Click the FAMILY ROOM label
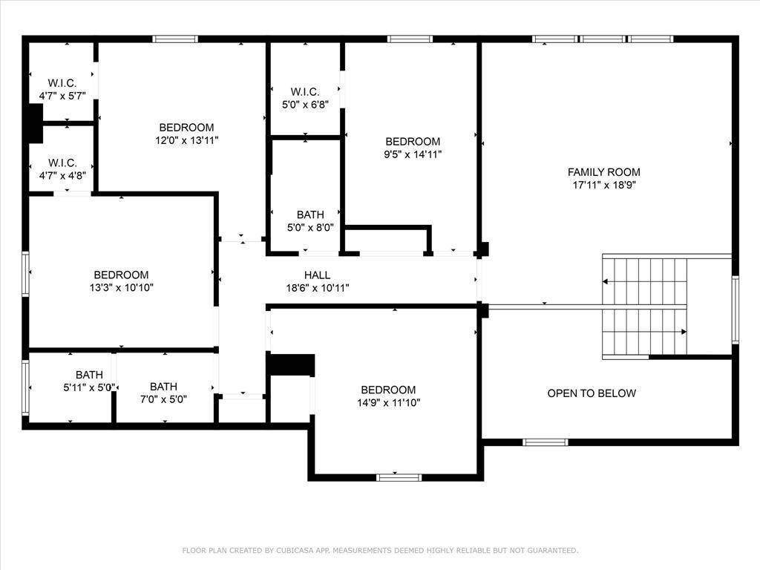[x=603, y=172]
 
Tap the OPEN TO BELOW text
[x=592, y=393]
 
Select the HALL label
[x=318, y=275]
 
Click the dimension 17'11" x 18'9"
[x=604, y=185]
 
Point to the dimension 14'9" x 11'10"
[x=389, y=402]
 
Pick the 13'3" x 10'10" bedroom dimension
[x=121, y=287]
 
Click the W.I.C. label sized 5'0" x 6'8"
[x=305, y=91]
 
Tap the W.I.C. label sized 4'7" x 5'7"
[x=62, y=83]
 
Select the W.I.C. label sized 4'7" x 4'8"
[x=62, y=163]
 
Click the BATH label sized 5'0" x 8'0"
[x=310, y=214]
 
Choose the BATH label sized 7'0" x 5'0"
[x=163, y=387]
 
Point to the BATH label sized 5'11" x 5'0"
[x=89, y=375]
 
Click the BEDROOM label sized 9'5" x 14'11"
[x=413, y=142]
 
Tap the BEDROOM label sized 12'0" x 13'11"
[x=186, y=128]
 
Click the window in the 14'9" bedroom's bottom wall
[x=399, y=477]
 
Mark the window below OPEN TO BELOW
[x=546, y=442]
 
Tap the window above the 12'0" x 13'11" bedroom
[x=175, y=39]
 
